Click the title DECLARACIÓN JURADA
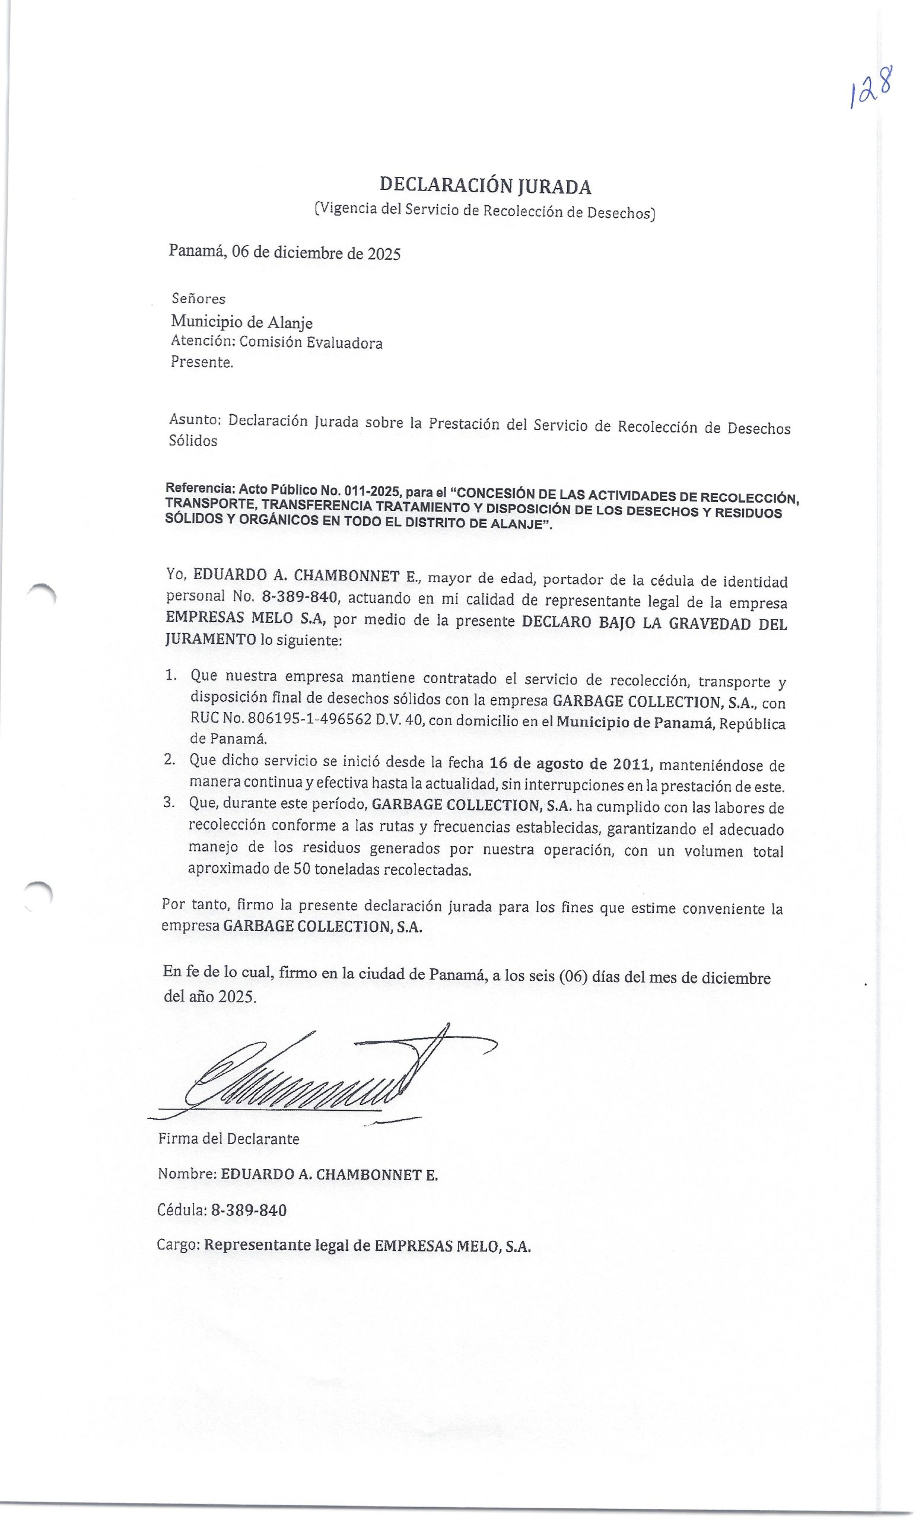(x=485, y=185)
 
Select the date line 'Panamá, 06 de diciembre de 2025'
(x=285, y=252)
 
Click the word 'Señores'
(x=198, y=299)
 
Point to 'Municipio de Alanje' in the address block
(x=241, y=322)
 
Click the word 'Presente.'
(x=202, y=363)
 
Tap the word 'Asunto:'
(x=195, y=420)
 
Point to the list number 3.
(x=170, y=802)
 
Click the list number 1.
(x=170, y=675)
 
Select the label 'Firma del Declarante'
(x=228, y=1139)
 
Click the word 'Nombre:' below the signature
(x=187, y=1174)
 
